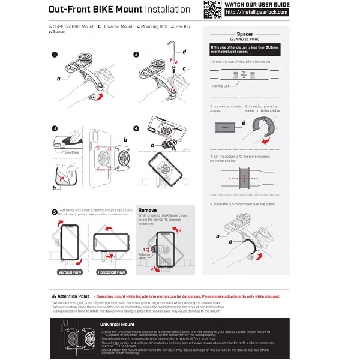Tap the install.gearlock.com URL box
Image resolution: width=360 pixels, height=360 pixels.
(256, 12)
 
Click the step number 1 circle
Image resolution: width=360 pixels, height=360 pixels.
(54, 55)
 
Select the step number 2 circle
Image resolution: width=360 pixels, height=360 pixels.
(136, 55)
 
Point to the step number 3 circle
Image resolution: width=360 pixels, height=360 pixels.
(54, 128)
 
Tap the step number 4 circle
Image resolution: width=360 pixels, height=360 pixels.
(136, 128)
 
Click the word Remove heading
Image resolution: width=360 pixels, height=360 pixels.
(148, 211)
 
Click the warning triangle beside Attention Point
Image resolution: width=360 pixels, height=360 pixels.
(54, 296)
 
